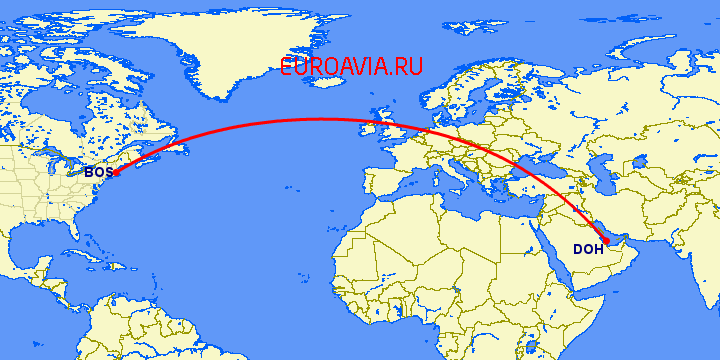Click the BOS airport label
click(97, 173)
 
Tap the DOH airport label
click(588, 249)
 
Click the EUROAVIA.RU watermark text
click(352, 67)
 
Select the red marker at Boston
click(117, 173)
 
